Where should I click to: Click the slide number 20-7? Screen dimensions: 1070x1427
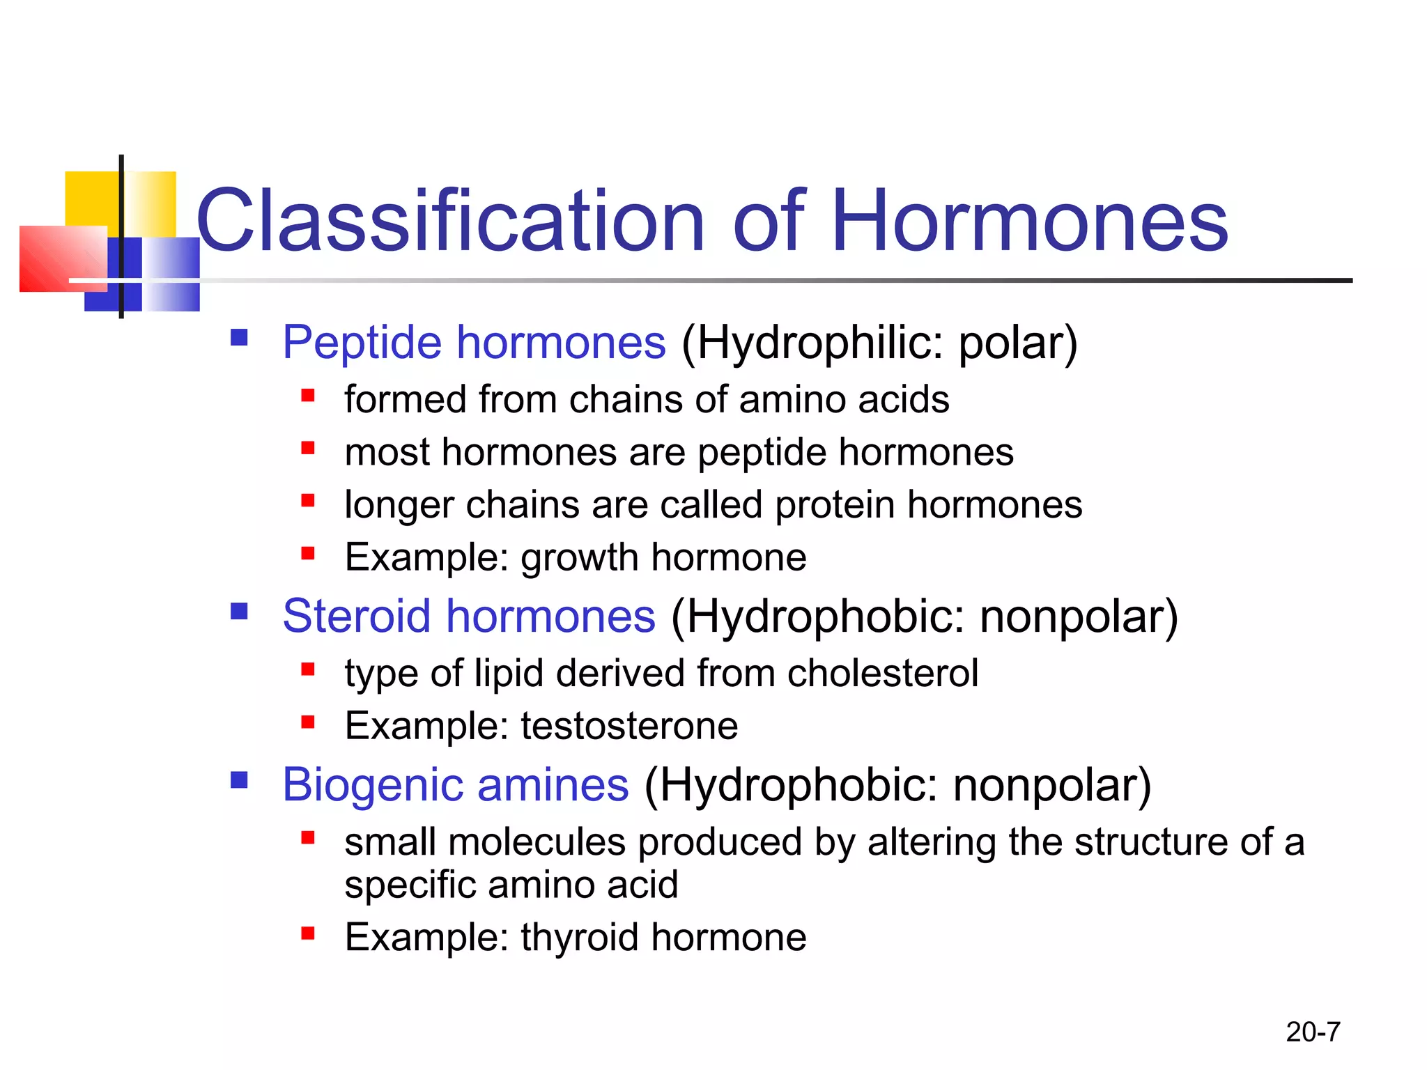coord(1313,1032)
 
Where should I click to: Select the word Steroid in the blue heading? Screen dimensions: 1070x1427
coord(356,617)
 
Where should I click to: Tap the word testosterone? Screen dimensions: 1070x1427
coord(629,726)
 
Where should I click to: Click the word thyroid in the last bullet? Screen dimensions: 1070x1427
coord(579,937)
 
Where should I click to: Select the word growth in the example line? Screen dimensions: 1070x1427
coord(579,558)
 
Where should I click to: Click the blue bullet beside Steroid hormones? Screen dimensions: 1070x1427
coord(239,612)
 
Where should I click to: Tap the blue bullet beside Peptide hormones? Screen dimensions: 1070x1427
coord(239,338)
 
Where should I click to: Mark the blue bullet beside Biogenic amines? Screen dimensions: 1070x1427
coord(239,780)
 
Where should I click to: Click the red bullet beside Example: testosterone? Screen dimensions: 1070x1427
coord(308,722)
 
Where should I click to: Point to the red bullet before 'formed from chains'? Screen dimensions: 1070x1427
coord(308,396)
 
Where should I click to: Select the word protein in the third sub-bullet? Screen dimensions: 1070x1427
coord(835,505)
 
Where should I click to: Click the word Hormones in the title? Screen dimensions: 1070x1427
coord(1030,222)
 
